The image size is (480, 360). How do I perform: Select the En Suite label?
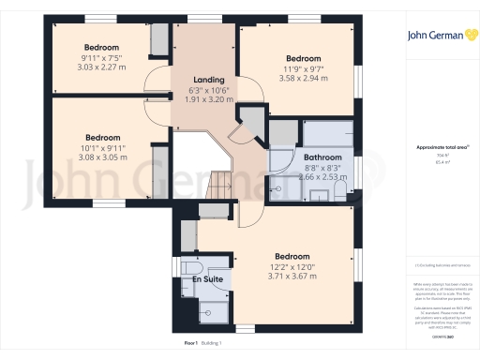(208, 279)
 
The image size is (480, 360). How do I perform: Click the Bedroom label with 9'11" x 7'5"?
(101, 47)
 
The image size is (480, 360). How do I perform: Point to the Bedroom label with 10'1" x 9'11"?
(101, 136)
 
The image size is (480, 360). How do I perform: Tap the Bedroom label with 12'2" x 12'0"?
(292, 256)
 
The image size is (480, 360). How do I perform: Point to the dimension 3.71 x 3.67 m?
(292, 276)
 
